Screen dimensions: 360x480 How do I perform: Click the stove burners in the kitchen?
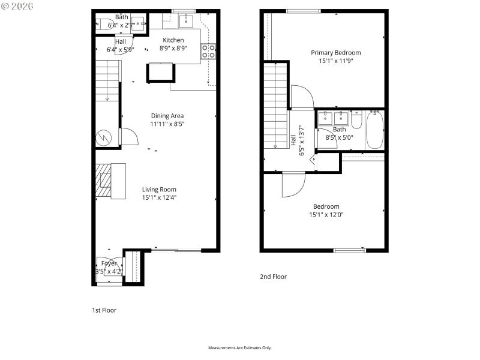(209, 52)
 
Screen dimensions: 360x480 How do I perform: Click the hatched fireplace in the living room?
(105, 181)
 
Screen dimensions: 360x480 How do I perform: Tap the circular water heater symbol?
(103, 137)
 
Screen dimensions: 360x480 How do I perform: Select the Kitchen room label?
(173, 40)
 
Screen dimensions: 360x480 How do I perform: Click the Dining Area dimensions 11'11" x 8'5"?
(167, 124)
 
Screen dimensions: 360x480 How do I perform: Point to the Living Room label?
(159, 190)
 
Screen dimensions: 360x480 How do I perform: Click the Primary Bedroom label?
(335, 53)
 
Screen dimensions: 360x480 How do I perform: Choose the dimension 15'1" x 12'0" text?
(326, 214)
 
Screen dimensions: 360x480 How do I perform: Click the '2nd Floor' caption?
(273, 277)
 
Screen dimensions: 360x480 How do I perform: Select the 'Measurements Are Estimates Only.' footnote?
(239, 348)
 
